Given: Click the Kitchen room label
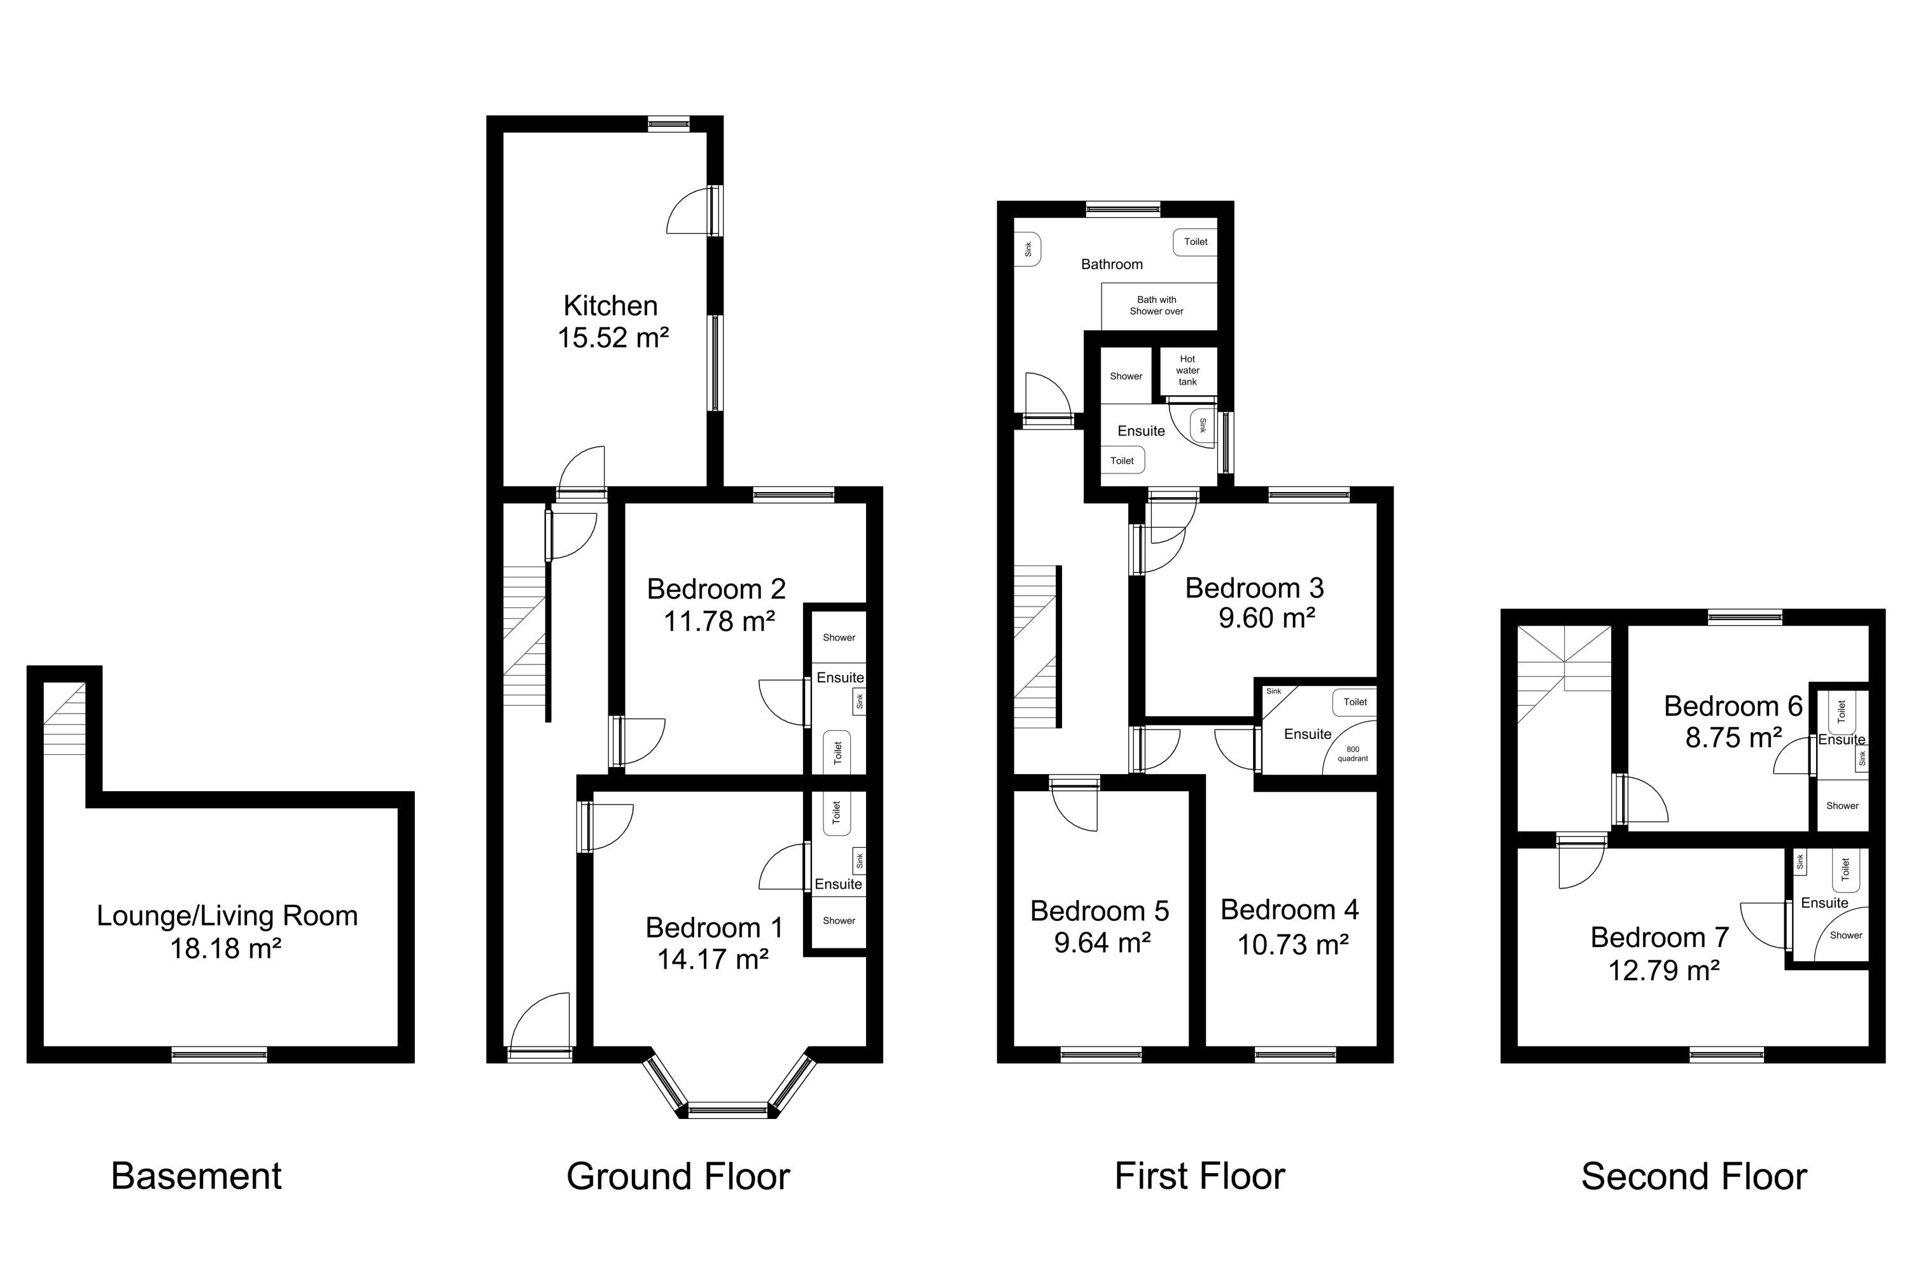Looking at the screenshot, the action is [610, 306].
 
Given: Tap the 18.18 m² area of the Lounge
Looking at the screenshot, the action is [225, 948].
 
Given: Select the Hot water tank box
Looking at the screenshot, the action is [1187, 370].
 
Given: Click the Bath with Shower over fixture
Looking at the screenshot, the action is [1158, 306].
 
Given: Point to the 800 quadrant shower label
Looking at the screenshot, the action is [1352, 754].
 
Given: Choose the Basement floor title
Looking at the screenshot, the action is [197, 1176].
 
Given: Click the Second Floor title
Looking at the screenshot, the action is [1694, 1176].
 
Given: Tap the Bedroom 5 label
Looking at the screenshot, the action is [1099, 911].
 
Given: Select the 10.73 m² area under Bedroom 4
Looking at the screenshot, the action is [1293, 944].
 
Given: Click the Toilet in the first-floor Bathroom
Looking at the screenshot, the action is [1195, 242].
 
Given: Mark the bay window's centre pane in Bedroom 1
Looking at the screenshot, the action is [727, 1109].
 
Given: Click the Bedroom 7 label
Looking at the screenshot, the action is [1659, 938].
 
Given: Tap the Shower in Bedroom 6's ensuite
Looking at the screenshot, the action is [1842, 805].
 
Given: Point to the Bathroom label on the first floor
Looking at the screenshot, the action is [1111, 264].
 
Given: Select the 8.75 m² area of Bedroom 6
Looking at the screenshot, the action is [1733, 737].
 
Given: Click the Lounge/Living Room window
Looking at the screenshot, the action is [219, 1055].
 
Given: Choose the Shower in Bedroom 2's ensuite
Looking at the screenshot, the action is [839, 637].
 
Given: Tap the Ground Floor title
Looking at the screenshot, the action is [678, 1176].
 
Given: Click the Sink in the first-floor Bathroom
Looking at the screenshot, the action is [1028, 250].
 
